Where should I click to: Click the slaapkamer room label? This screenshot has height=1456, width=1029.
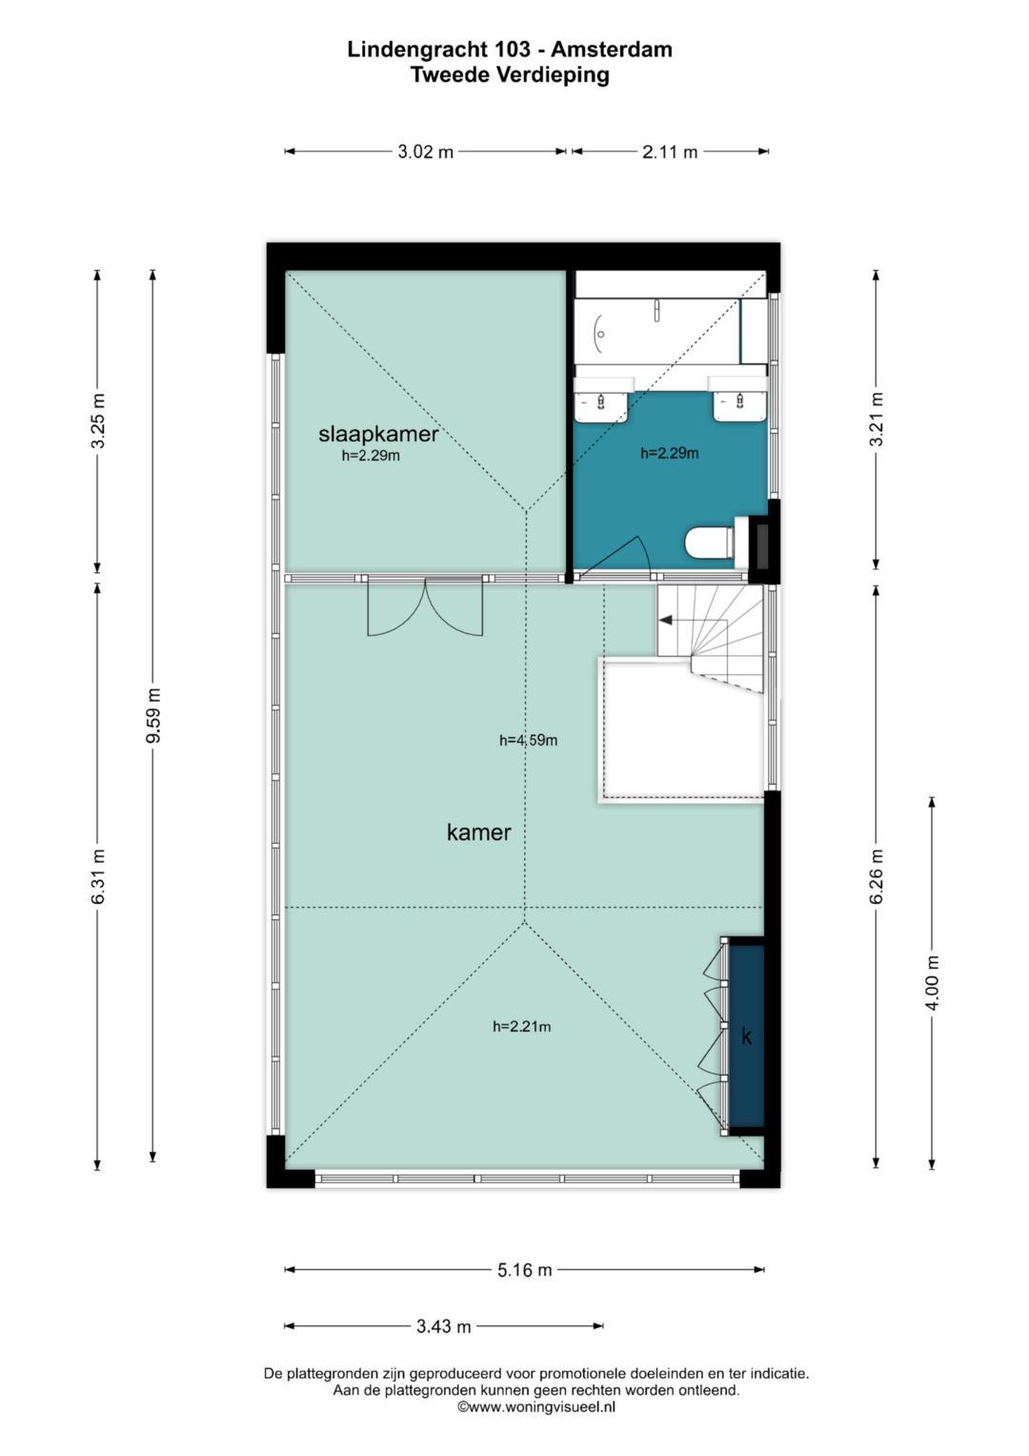pos(378,434)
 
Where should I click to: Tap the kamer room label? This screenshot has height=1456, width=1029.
pos(478,832)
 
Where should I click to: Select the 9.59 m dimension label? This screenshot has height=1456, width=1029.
pos(153,715)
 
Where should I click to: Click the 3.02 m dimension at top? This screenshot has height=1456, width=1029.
pos(426,153)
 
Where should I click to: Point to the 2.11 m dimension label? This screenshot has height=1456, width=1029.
pos(670,153)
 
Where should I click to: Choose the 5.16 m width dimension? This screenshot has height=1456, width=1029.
pos(524,1269)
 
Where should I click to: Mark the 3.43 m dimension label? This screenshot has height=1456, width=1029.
pos(444,1326)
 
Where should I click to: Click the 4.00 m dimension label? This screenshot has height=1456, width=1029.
pos(932,983)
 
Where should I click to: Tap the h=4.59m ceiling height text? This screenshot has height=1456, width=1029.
pos(528,740)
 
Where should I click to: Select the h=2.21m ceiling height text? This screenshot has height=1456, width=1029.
pos(522,1026)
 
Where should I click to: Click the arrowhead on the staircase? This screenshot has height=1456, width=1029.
pos(665,620)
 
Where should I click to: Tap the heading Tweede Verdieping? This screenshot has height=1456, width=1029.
pos(510,75)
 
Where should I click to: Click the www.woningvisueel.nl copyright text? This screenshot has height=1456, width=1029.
pos(535,1407)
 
